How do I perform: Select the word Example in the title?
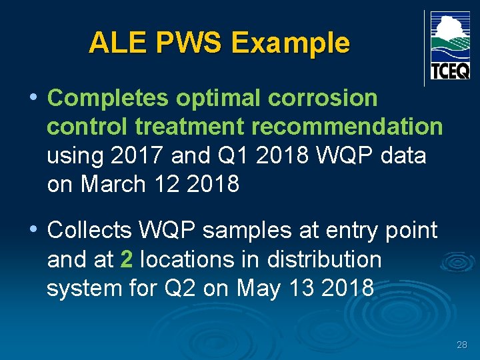(290, 43)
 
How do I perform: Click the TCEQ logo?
(450, 46)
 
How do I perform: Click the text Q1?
(232, 155)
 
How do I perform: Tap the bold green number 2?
(127, 259)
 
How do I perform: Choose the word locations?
(187, 259)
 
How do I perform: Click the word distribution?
(325, 259)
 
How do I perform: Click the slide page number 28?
(462, 345)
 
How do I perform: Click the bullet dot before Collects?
(33, 229)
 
